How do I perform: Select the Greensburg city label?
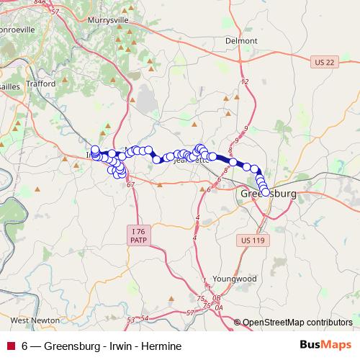[266, 194]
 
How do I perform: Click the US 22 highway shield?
[324, 63]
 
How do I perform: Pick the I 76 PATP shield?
[138, 234]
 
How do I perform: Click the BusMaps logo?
[326, 346]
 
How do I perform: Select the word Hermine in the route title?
[156, 346]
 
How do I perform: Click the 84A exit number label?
[39, 3]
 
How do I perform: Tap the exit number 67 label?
[130, 185]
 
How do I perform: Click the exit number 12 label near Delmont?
[245, 83]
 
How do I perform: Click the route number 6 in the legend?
[25, 346]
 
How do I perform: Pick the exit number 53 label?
[130, 318]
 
